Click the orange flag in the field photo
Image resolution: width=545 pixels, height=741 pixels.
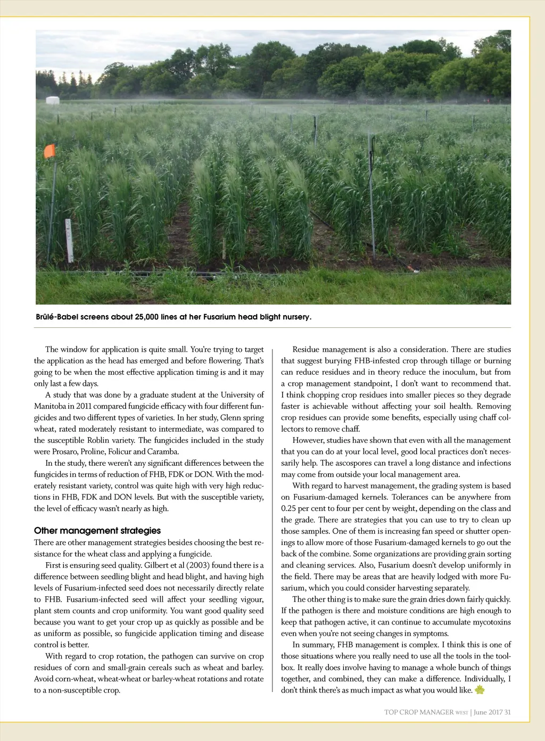[x=49, y=151]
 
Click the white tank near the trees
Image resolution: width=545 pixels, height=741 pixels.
[x=52, y=100]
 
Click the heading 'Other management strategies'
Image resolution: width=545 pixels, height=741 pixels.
[x=97, y=531]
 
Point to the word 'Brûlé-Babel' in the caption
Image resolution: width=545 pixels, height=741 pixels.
[x=55, y=317]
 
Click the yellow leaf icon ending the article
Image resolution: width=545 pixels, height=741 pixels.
[x=480, y=690]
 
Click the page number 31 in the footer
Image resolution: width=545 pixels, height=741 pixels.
[x=507, y=712]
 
